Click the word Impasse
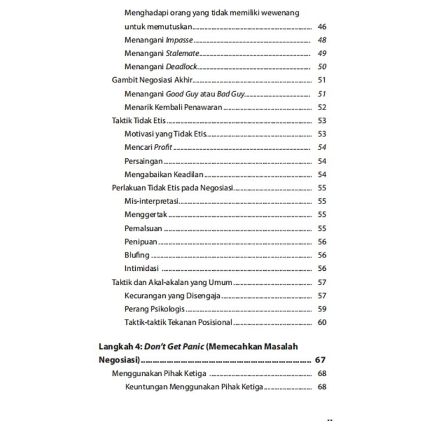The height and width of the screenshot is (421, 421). (179, 40)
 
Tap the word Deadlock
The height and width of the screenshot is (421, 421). (182, 67)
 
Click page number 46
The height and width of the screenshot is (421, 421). (322, 27)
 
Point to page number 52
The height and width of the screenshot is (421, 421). (322, 107)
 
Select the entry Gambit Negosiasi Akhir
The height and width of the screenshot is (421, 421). (152, 80)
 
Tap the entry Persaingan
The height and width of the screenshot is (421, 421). (143, 161)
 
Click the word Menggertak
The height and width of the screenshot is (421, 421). (146, 215)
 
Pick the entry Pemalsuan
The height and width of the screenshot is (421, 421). (143, 228)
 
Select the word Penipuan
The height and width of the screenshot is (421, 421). (141, 242)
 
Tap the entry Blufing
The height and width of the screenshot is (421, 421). (137, 255)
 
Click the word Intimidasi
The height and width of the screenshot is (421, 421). (141, 268)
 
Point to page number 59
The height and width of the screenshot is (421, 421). (322, 309)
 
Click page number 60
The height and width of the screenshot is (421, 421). (322, 322)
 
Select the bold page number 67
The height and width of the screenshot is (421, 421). (321, 360)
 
